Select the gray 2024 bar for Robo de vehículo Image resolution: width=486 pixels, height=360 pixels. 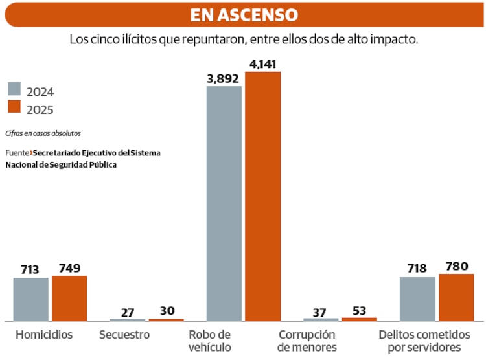click(x=224, y=203)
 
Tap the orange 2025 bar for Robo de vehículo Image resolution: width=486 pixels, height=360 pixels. click(x=262, y=196)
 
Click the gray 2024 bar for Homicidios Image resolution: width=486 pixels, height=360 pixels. click(x=31, y=299)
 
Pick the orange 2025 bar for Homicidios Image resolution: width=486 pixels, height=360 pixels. click(x=69, y=298)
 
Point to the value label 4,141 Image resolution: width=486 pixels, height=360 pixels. click(x=262, y=64)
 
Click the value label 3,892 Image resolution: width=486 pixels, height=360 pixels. click(x=223, y=78)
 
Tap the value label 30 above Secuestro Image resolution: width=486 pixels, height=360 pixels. click(x=167, y=311)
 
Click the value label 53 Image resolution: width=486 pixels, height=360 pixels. click(x=359, y=310)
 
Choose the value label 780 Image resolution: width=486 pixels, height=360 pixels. click(x=456, y=266)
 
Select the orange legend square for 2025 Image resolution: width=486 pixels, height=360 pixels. click(x=14, y=107)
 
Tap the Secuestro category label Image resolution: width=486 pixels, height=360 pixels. click(x=124, y=335)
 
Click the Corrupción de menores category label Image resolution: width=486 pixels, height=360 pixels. click(x=307, y=341)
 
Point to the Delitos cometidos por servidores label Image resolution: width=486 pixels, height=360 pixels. click(x=424, y=341)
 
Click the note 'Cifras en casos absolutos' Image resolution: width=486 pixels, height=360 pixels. click(x=43, y=133)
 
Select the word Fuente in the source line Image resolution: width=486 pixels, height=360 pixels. click(x=17, y=153)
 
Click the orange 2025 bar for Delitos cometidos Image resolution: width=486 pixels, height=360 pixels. click(x=456, y=297)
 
